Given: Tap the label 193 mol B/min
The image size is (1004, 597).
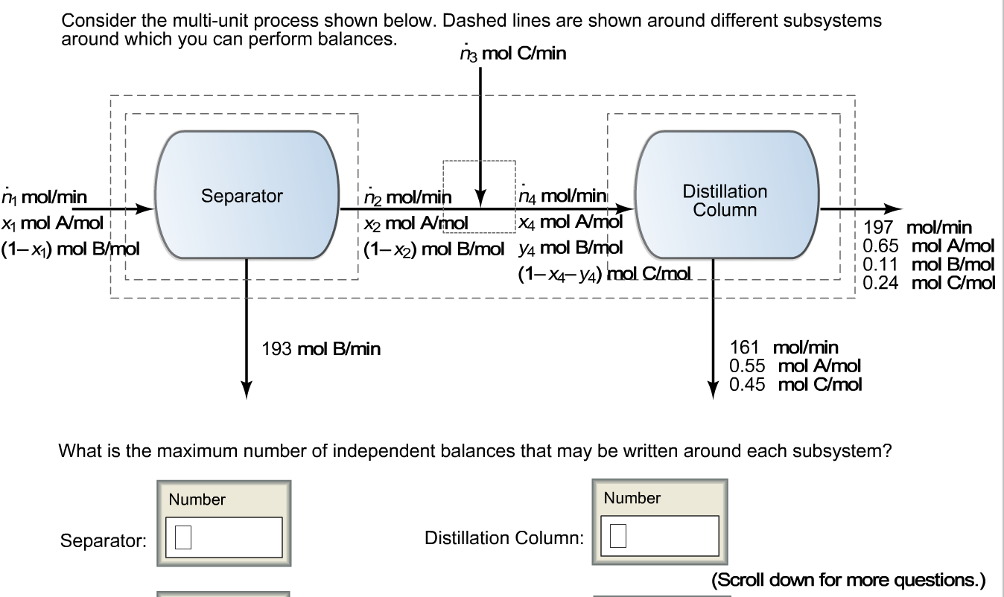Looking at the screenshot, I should pos(321,348).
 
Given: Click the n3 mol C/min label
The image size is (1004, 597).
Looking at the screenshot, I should pos(513,54).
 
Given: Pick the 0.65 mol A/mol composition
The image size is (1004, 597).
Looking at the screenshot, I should pos(928,246).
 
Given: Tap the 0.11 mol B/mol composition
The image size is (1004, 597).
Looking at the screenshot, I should pos(928,264).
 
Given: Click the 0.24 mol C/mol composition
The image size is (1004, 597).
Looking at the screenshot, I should pos(928,283).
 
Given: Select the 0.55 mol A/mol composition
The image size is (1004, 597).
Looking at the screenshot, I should pos(795,365).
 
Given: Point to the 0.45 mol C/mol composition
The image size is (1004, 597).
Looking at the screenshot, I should pos(795,384).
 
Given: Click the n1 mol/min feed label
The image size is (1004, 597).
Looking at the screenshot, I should pos(43,197).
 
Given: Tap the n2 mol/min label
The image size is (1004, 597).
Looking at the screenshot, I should pos(408,197).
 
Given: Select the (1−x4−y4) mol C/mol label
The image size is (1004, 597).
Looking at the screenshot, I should pos(604,273).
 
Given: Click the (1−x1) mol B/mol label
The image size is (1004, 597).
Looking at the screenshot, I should pos(70,248).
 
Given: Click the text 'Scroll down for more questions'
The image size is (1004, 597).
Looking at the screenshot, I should pos(848,579).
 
